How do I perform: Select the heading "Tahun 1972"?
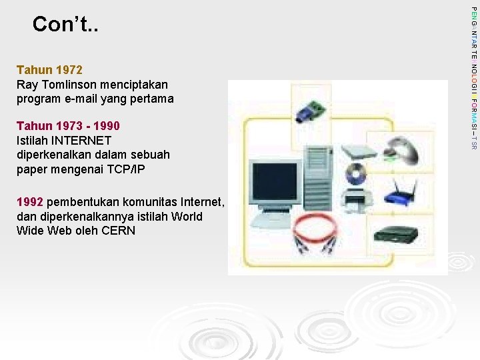click(x=49, y=70)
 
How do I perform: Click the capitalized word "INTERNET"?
click(x=81, y=141)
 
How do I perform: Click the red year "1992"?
click(x=30, y=202)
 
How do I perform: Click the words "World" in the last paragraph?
click(x=187, y=217)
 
